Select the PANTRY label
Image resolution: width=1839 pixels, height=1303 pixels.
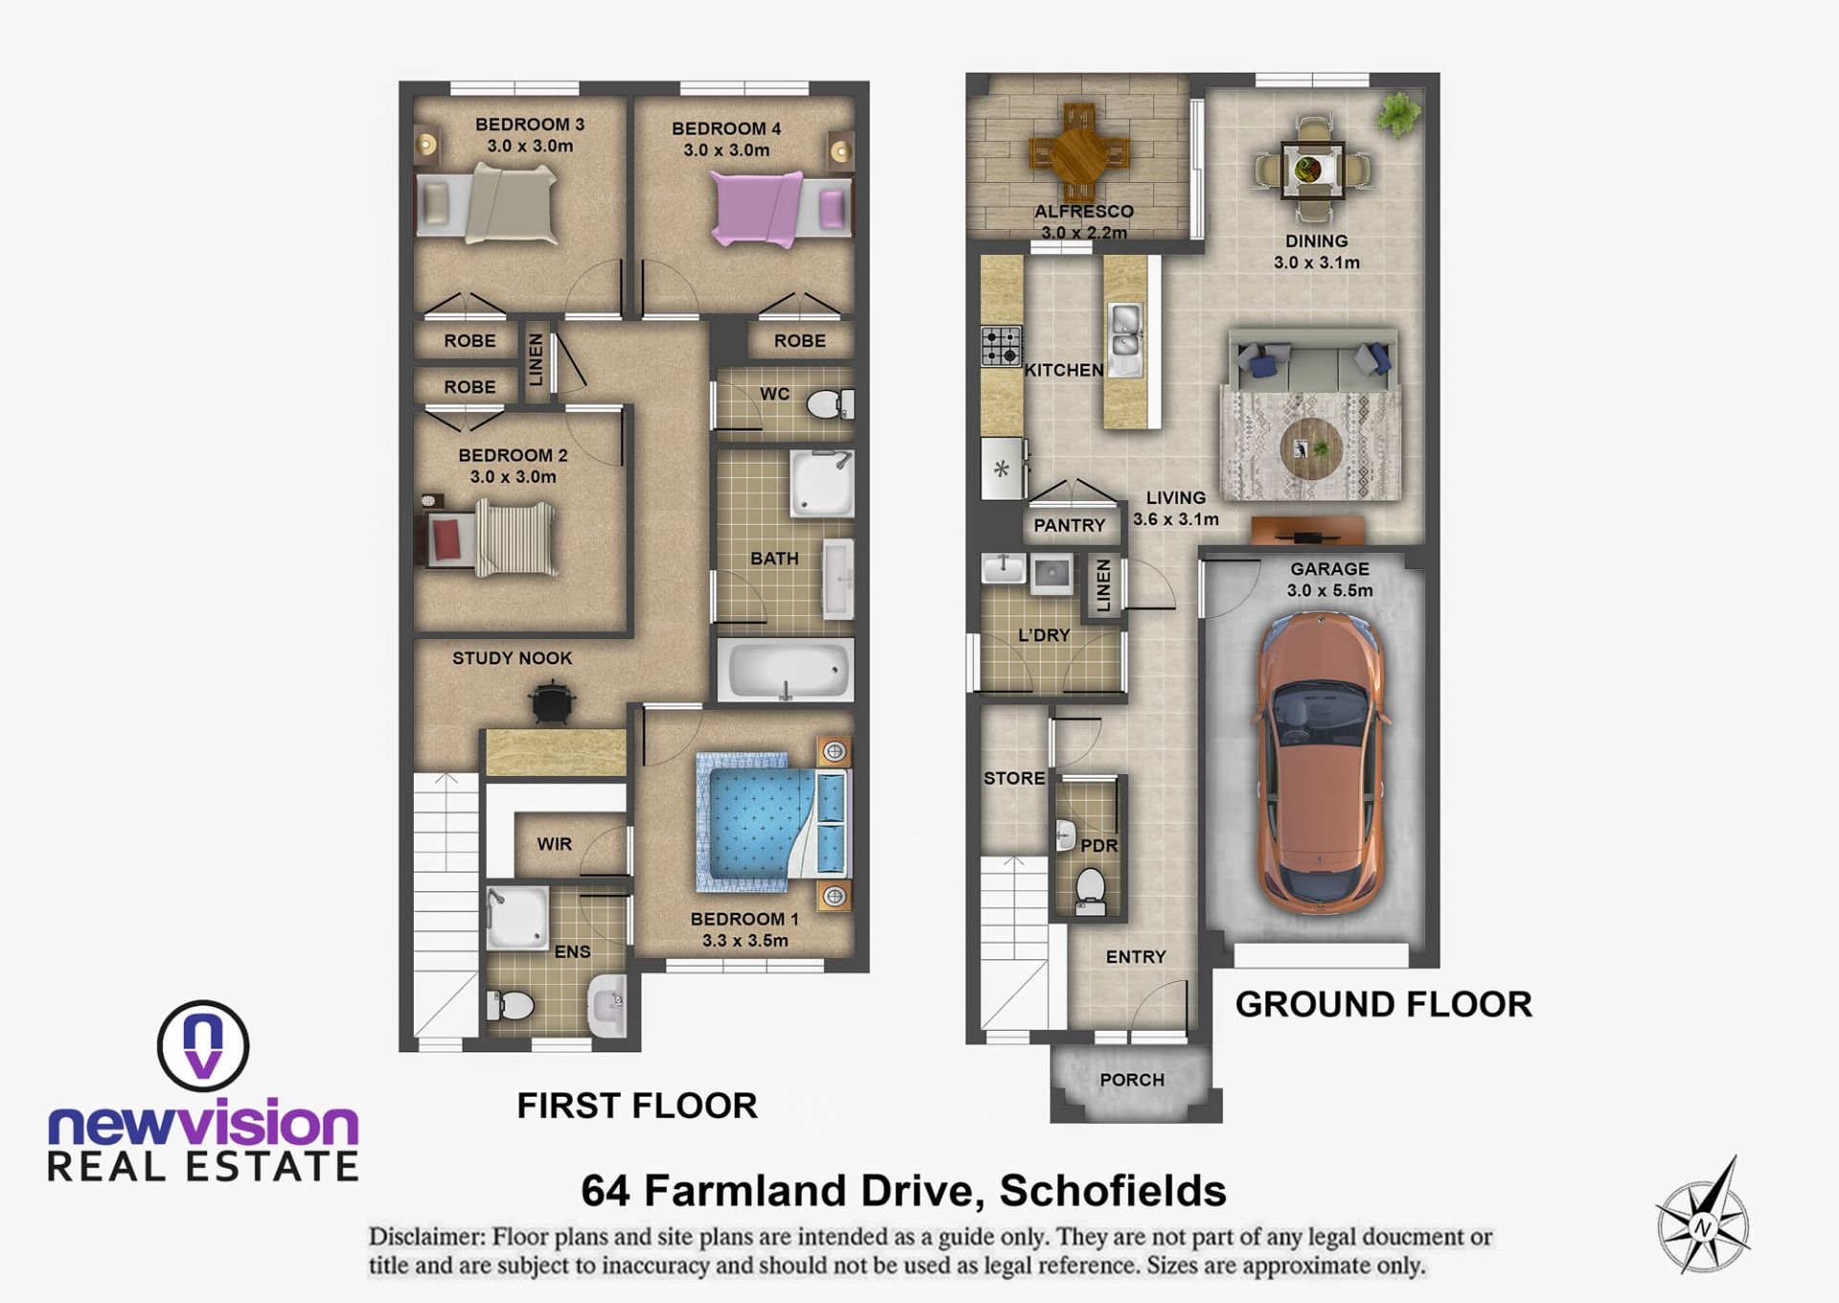1069,525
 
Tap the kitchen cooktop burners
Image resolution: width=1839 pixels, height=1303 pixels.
1001,346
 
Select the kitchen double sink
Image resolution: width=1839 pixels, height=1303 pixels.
1124,339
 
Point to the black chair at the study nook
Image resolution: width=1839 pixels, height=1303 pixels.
553,702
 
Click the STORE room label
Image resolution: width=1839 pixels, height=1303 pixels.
1014,778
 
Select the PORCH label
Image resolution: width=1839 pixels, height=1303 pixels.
1132,1080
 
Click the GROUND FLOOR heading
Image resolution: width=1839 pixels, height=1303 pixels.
1383,1004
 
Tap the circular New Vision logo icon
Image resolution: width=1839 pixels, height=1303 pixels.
203,1046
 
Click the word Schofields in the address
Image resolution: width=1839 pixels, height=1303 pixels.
1113,1191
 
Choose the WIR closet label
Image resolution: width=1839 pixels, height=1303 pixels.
554,844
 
